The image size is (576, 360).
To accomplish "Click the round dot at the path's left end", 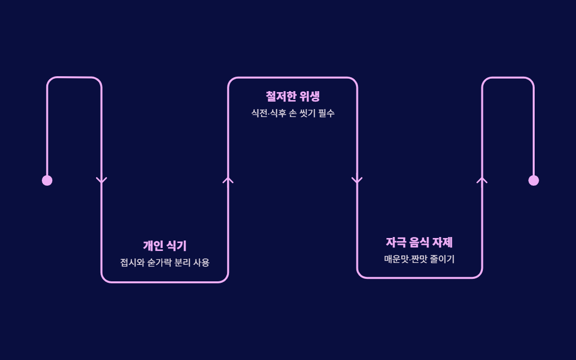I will (x=47, y=180).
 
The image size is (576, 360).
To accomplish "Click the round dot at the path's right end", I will (x=533, y=180).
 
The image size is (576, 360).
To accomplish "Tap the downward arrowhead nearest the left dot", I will (x=102, y=180).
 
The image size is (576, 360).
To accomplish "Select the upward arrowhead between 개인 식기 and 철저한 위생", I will (x=228, y=180).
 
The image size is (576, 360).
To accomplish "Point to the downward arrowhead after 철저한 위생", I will (x=357, y=180).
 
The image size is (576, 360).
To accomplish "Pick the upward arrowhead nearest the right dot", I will (x=482, y=180).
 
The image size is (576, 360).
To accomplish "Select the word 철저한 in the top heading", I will (x=281, y=96).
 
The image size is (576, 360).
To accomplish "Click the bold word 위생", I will (x=310, y=96).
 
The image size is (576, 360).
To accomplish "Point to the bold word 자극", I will (x=396, y=242).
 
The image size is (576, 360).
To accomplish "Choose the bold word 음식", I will (x=420, y=242).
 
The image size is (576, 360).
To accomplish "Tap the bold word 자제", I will (x=443, y=242).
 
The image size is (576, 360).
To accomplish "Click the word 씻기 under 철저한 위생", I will (x=307, y=113).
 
